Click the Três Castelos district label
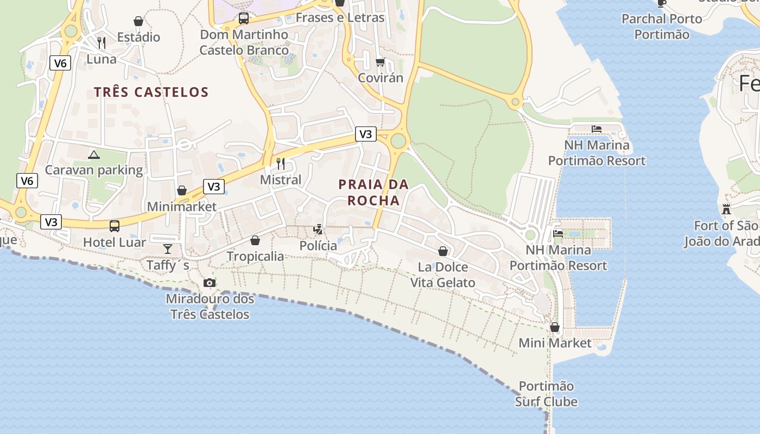click(151, 92)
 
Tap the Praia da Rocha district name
click(373, 192)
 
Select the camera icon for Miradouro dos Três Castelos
click(209, 283)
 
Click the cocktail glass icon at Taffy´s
click(167, 248)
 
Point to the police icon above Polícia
click(318, 229)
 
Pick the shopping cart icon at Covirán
click(381, 62)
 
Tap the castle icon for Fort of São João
click(726, 209)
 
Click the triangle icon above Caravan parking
click(94, 155)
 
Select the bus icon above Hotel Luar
click(115, 226)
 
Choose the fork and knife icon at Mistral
click(281, 163)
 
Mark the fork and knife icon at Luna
click(102, 42)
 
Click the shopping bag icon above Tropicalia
click(255, 240)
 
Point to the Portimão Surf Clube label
click(546, 394)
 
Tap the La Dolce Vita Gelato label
click(443, 275)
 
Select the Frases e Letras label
click(340, 17)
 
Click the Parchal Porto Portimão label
click(662, 27)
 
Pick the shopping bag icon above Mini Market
click(555, 327)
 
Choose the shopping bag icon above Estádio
click(138, 21)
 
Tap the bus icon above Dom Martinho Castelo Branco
click(244, 18)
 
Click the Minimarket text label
click(182, 207)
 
